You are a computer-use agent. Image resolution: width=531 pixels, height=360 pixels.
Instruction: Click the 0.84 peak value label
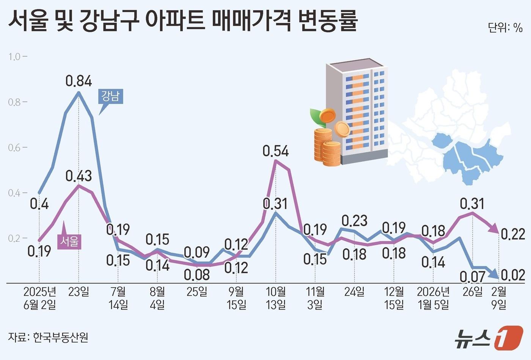pos(79,81)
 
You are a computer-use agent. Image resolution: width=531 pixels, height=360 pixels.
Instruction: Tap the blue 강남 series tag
pos(110,96)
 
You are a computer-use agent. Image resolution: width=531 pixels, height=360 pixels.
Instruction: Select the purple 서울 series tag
pos(70,241)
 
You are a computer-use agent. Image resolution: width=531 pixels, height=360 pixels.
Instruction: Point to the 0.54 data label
pos(276,151)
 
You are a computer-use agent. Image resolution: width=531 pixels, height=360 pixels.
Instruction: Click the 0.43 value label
pos(79,176)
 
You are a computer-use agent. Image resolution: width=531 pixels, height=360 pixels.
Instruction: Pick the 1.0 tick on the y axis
pos(15,57)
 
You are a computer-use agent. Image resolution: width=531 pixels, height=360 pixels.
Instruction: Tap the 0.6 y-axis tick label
pos(15,147)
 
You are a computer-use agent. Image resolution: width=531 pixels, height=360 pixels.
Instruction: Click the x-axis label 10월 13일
pos(276,298)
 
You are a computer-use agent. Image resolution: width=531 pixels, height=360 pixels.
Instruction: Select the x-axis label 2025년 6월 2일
pos(39,298)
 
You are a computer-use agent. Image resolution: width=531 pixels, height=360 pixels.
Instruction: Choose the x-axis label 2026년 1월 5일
pos(433,298)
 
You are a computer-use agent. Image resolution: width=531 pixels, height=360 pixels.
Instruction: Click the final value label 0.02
pos(513,275)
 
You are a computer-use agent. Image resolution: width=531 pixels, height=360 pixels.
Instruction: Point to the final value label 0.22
pos(513,234)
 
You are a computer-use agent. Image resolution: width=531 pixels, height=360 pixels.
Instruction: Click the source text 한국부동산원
pos(61,337)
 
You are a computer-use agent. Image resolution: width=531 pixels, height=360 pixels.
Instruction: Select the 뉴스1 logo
pos(489,337)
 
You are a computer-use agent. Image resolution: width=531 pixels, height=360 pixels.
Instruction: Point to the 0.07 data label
pos(472,277)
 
